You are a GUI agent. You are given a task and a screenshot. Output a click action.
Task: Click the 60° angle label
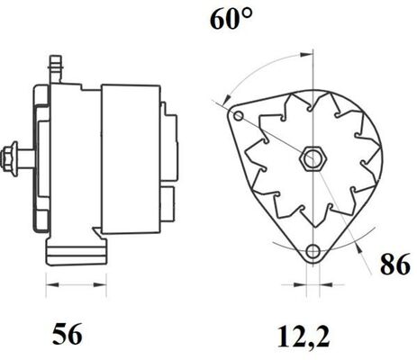tap(231, 19)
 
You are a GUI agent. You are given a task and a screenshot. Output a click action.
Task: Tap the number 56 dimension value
tap(67, 334)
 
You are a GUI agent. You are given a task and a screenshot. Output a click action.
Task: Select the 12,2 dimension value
tap(304, 337)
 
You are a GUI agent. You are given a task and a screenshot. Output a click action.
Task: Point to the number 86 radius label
tap(394, 264)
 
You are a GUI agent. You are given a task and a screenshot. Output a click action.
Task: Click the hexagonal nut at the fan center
tap(313, 158)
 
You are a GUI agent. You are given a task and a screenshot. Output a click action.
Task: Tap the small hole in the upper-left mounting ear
tap(239, 116)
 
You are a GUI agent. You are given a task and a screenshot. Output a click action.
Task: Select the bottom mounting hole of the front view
tap(313, 251)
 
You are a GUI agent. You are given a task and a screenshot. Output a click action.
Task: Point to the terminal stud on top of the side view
tap(56, 69)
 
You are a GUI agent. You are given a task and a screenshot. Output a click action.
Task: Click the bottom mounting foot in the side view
tap(77, 251)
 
